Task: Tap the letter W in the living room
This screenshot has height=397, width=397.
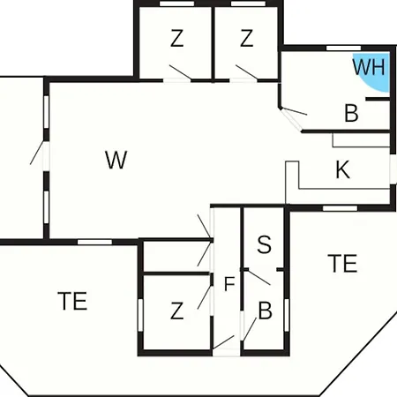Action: click(116, 160)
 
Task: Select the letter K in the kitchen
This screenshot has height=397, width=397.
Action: click(343, 169)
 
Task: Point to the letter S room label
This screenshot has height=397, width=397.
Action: click(264, 244)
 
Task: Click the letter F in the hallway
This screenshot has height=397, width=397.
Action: click(229, 284)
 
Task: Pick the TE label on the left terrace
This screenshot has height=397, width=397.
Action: click(72, 301)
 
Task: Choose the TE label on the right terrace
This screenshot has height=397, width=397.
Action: click(342, 263)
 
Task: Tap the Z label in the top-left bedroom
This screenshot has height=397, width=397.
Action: click(176, 38)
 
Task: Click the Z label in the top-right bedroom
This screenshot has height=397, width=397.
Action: click(246, 38)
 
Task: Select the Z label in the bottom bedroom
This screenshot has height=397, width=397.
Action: click(176, 311)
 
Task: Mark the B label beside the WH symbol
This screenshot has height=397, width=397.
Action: click(351, 113)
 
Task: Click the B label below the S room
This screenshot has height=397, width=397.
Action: click(266, 311)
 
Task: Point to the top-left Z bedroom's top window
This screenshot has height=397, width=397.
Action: click(176, 4)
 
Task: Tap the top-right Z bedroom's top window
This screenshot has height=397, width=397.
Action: click(248, 4)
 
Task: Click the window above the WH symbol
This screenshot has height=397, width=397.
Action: click(344, 48)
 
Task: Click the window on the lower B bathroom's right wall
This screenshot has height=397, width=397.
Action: click(287, 315)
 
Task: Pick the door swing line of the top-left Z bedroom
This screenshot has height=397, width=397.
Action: click(180, 72)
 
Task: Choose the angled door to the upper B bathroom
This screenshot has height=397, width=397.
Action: click(291, 119)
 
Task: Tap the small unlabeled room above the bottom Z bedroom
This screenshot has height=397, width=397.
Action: click(176, 257)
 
